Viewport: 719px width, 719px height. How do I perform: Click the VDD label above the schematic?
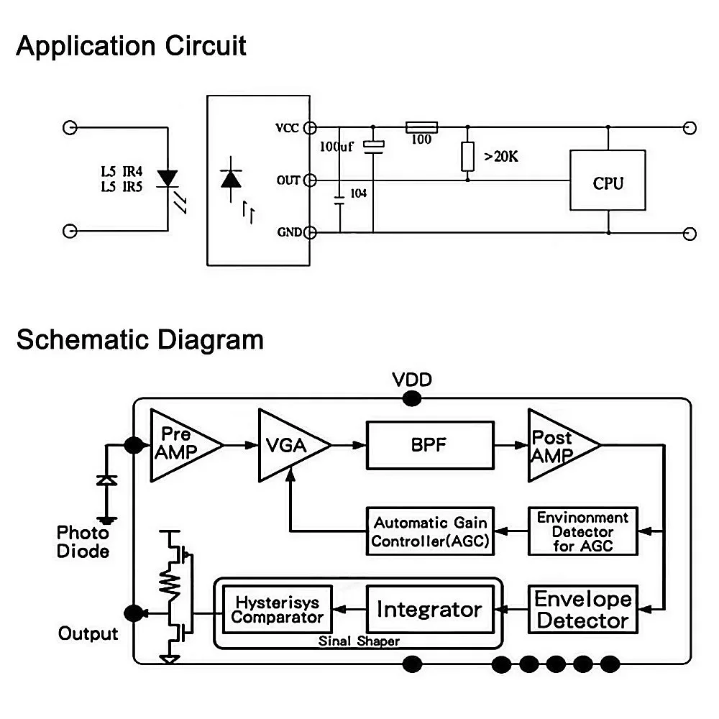click(x=412, y=380)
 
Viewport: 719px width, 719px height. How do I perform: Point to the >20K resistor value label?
click(x=500, y=157)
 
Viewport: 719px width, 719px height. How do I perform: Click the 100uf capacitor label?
click(x=336, y=147)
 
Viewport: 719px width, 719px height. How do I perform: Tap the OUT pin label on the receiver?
click(x=288, y=180)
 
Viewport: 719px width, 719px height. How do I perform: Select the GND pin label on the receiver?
click(x=289, y=232)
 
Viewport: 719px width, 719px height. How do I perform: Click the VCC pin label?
click(x=287, y=128)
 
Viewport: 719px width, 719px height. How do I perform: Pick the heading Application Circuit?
click(x=131, y=46)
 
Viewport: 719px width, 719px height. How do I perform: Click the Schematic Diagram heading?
click(x=140, y=340)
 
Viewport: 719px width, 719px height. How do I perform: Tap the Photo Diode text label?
click(x=83, y=542)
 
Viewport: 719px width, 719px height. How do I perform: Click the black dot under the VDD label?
click(x=412, y=398)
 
